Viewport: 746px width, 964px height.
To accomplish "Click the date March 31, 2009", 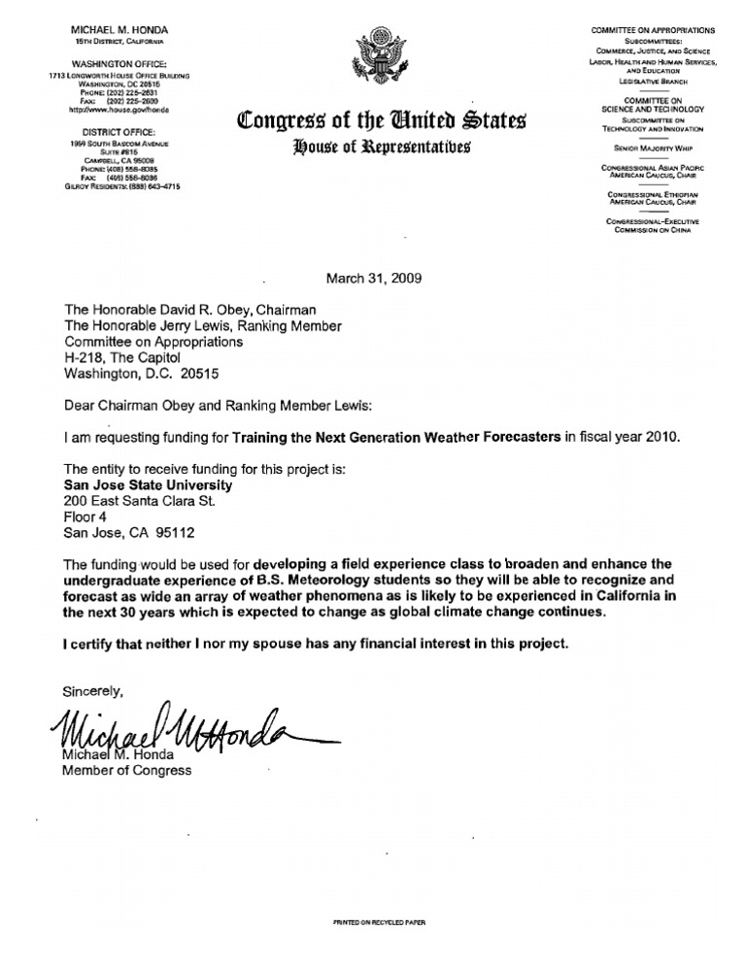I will tap(373, 277).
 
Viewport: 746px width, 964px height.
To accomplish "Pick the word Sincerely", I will tap(94, 691).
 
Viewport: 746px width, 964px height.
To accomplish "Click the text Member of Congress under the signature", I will tap(127, 771).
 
